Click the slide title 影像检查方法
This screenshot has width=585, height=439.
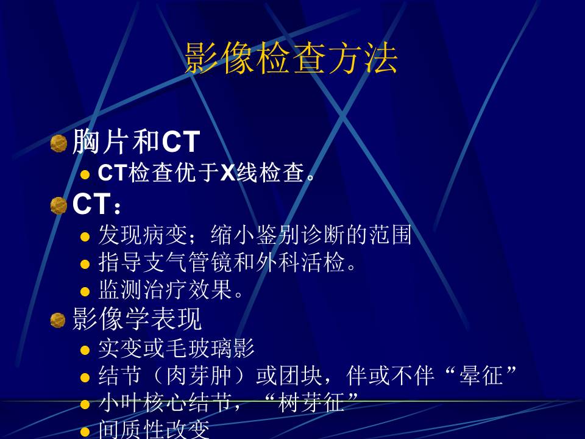point(291,59)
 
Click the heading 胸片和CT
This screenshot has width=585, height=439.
point(136,142)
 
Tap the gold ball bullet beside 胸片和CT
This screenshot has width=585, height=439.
point(58,143)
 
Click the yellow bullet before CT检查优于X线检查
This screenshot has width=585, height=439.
point(86,175)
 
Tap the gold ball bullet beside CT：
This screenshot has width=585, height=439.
point(58,205)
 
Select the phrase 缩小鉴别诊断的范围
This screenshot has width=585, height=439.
point(311,235)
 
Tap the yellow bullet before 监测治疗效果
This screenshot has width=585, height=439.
point(86,292)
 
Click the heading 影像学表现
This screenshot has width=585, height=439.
point(137,319)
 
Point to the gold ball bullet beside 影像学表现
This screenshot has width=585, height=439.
point(58,320)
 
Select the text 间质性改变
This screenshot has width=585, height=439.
point(154,430)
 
